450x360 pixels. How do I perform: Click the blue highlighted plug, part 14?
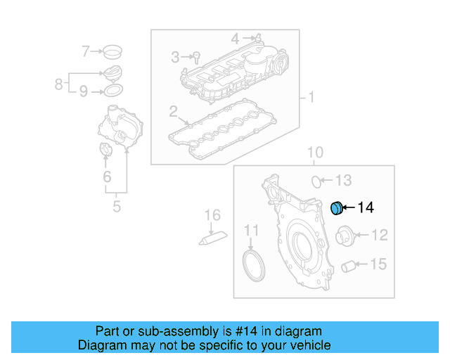click(337, 207)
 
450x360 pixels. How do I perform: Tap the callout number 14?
click(366, 207)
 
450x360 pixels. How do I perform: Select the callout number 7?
click(86, 51)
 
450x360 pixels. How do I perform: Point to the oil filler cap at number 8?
click(112, 73)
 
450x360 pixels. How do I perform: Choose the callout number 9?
click(83, 91)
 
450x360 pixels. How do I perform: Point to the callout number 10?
click(314, 152)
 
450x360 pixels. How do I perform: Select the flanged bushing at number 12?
click(345, 235)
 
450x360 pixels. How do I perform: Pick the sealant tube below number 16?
click(212, 238)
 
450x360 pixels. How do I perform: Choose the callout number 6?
click(107, 177)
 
